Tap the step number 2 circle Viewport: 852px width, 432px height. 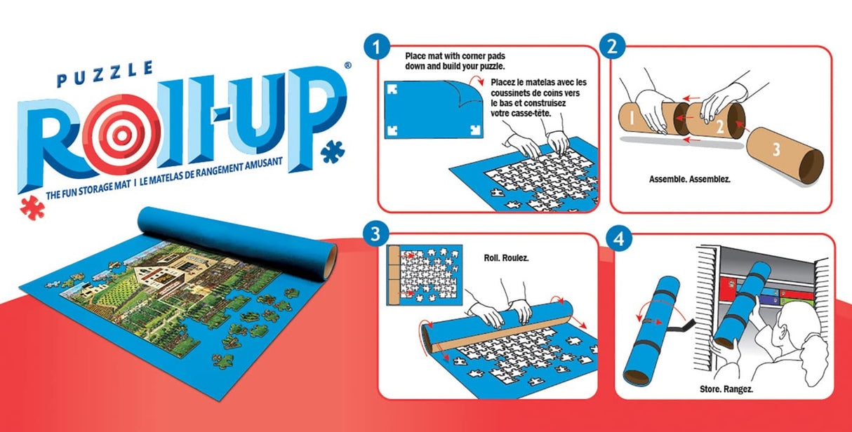point(612,48)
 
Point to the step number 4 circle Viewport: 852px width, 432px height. point(618,237)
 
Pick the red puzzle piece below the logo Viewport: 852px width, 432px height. point(32,209)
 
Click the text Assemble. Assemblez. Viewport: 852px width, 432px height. point(690,179)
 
